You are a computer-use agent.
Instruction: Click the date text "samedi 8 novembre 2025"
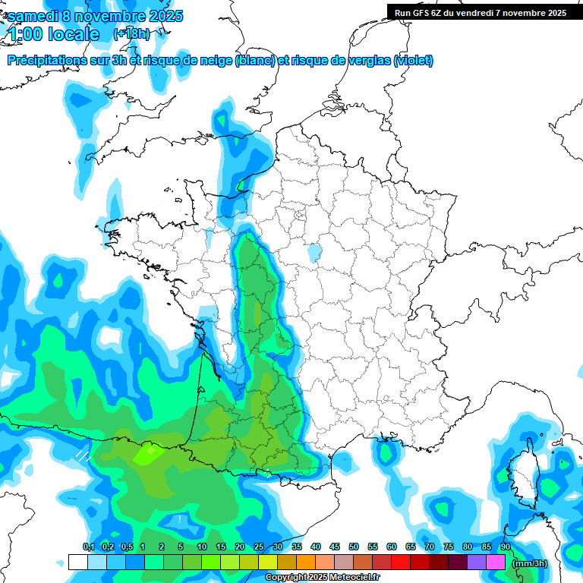point(95,16)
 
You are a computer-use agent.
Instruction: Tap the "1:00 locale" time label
point(53,34)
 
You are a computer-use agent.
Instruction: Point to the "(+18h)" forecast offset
point(131,34)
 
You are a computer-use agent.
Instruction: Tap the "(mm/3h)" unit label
point(529,563)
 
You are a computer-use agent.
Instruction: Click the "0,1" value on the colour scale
point(88,547)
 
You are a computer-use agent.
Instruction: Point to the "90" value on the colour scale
point(505,547)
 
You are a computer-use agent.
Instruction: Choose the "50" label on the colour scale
point(354,547)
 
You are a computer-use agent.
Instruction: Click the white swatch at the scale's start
point(77,563)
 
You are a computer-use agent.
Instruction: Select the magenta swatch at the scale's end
point(496,563)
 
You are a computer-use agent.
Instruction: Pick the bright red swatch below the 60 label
point(401,563)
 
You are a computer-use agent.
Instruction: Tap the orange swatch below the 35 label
point(306,563)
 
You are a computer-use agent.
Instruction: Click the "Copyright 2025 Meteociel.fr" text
point(323,578)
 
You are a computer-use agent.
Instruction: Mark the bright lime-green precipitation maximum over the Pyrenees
point(147,454)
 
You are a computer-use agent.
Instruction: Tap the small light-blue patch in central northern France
point(314,251)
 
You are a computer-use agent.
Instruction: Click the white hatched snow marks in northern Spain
point(83,455)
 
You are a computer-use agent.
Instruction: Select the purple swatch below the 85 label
point(477,563)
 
